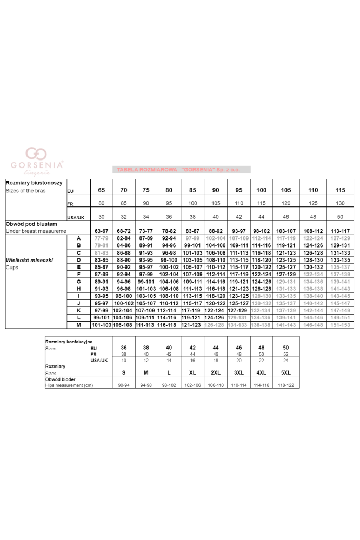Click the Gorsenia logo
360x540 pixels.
tap(37, 160)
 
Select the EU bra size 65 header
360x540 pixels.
tap(102, 190)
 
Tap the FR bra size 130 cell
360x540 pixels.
tap(340, 203)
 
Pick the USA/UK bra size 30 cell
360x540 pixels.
tap(102, 217)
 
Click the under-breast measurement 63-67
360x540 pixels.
tap(102, 231)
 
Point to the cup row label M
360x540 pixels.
tap(78, 325)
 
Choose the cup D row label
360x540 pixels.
tap(78, 260)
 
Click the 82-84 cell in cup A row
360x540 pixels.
tap(124, 238)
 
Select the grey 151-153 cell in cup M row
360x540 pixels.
tap(340, 325)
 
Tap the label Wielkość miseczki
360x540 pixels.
tap(29, 260)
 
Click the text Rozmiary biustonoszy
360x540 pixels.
tap(34, 183)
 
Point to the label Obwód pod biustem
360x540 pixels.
tap(31, 223)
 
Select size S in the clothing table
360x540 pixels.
tap(123, 373)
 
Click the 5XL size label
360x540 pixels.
tap(286, 373)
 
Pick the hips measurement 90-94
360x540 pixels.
tap(123, 385)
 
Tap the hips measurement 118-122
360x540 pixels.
tap(286, 385)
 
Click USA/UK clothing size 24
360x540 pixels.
tap(286, 360)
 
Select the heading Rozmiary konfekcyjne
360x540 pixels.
tap(69, 342)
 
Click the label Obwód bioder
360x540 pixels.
tap(61, 379)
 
